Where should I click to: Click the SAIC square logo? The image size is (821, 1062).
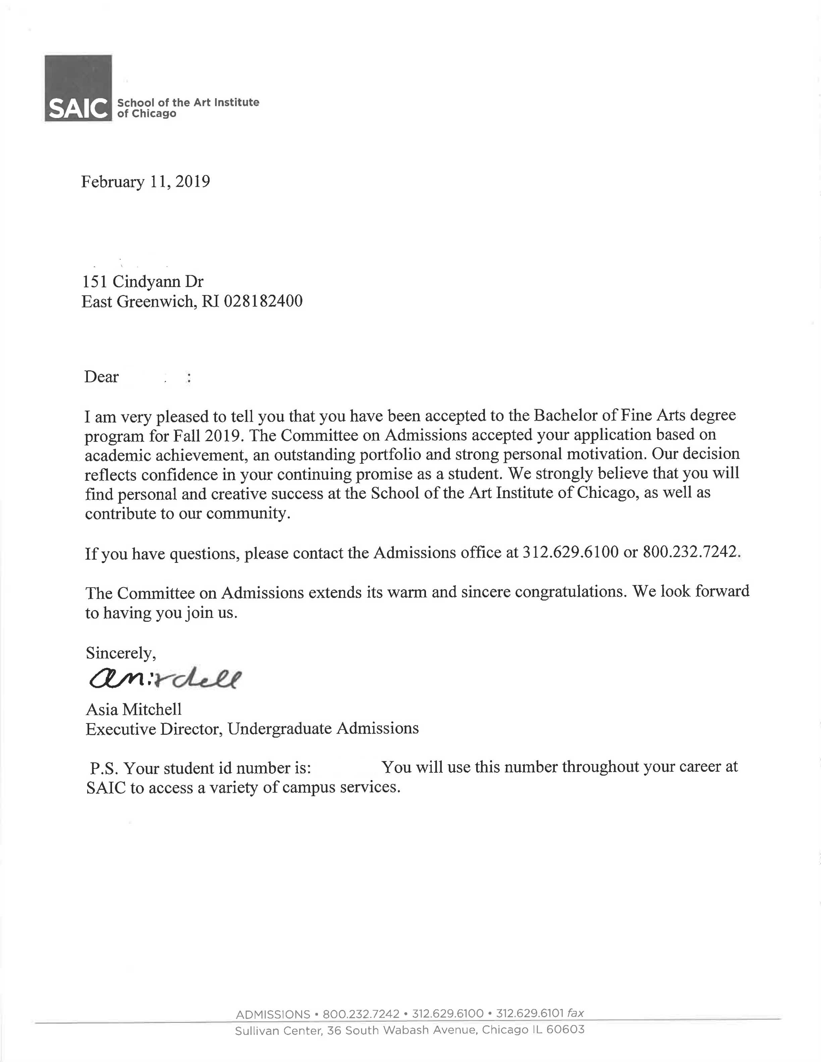click(x=78, y=88)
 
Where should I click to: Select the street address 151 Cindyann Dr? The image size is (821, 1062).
click(x=143, y=282)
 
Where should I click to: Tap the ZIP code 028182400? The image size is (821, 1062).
click(x=263, y=301)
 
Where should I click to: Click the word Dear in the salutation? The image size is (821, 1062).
click(x=101, y=377)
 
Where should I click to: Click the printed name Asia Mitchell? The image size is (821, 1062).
click(x=134, y=709)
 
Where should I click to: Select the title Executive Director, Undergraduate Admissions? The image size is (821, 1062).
click(x=252, y=728)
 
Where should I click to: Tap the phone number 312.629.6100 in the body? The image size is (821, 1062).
click(x=570, y=552)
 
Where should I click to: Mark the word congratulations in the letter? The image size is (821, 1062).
click(x=570, y=592)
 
